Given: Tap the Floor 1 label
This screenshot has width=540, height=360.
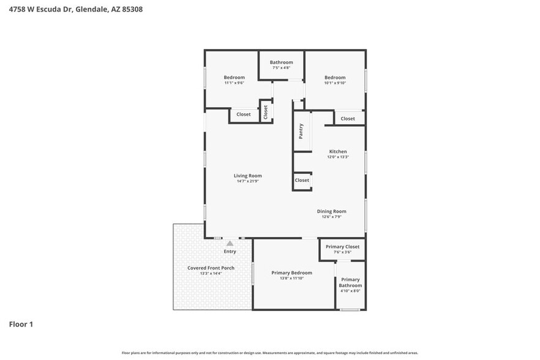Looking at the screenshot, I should (21, 324).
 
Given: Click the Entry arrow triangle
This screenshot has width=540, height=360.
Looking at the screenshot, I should (230, 243).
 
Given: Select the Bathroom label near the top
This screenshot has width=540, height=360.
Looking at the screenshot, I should (282, 62).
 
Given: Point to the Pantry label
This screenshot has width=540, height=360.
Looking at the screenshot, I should (301, 131).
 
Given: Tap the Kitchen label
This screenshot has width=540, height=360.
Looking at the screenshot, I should (338, 151).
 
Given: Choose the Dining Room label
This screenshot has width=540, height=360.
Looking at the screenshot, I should (331, 211).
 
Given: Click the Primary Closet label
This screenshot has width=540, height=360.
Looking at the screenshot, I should (342, 247).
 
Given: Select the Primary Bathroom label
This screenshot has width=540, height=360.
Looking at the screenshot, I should (351, 282).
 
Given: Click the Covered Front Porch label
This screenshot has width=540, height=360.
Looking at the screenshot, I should (211, 268).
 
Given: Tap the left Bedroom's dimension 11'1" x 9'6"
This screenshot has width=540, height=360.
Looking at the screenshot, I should (234, 83).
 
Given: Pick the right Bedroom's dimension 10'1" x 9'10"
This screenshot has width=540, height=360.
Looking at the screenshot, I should (335, 83).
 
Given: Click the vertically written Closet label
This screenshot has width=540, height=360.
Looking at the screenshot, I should (266, 112).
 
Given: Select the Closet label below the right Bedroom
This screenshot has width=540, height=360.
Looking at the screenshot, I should (348, 119).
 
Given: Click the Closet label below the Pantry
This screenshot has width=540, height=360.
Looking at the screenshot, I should (302, 181).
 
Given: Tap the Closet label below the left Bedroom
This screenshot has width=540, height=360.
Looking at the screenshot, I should (244, 114).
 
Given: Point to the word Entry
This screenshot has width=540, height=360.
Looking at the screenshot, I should (230, 252).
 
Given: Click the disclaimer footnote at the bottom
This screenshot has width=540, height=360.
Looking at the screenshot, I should (269, 353).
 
